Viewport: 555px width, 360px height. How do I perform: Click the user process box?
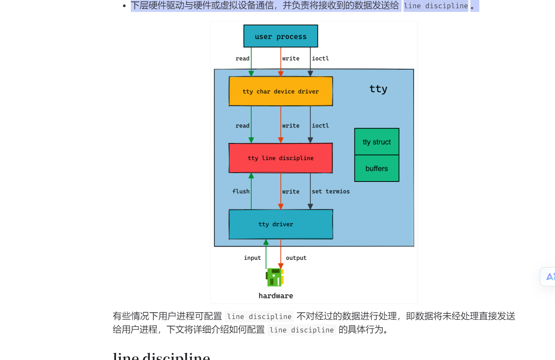pyautogui.click(x=281, y=36)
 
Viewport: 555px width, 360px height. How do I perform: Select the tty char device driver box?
pyautogui.click(x=281, y=91)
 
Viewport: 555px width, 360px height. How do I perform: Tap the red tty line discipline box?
pyautogui.click(x=281, y=158)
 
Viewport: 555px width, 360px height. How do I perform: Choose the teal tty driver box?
pyautogui.click(x=281, y=224)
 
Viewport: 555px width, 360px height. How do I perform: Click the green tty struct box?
pyautogui.click(x=377, y=142)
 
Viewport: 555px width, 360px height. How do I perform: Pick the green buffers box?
pyautogui.click(x=377, y=168)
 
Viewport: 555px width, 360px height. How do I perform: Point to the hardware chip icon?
pyautogui.click(x=275, y=277)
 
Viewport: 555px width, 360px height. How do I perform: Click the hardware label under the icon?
pyautogui.click(x=276, y=296)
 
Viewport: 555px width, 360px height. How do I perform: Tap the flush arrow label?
pyautogui.click(x=241, y=191)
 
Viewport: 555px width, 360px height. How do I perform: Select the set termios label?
pyautogui.click(x=331, y=191)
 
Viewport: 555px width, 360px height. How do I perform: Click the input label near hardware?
pyautogui.click(x=252, y=258)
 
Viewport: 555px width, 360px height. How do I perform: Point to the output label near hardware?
pyautogui.click(x=296, y=258)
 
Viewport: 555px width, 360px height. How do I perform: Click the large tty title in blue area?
pyautogui.click(x=378, y=89)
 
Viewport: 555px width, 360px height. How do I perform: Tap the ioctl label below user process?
pyautogui.click(x=320, y=59)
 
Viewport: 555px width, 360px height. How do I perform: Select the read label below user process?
pyautogui.click(x=242, y=59)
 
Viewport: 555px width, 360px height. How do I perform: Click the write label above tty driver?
pyautogui.click(x=291, y=192)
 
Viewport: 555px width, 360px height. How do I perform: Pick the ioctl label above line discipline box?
pyautogui.click(x=320, y=126)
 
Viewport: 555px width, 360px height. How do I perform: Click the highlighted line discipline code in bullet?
pyautogui.click(x=436, y=6)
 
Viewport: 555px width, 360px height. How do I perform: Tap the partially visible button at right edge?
pyautogui.click(x=548, y=277)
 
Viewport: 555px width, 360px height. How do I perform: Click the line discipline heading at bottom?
pyautogui.click(x=161, y=356)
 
